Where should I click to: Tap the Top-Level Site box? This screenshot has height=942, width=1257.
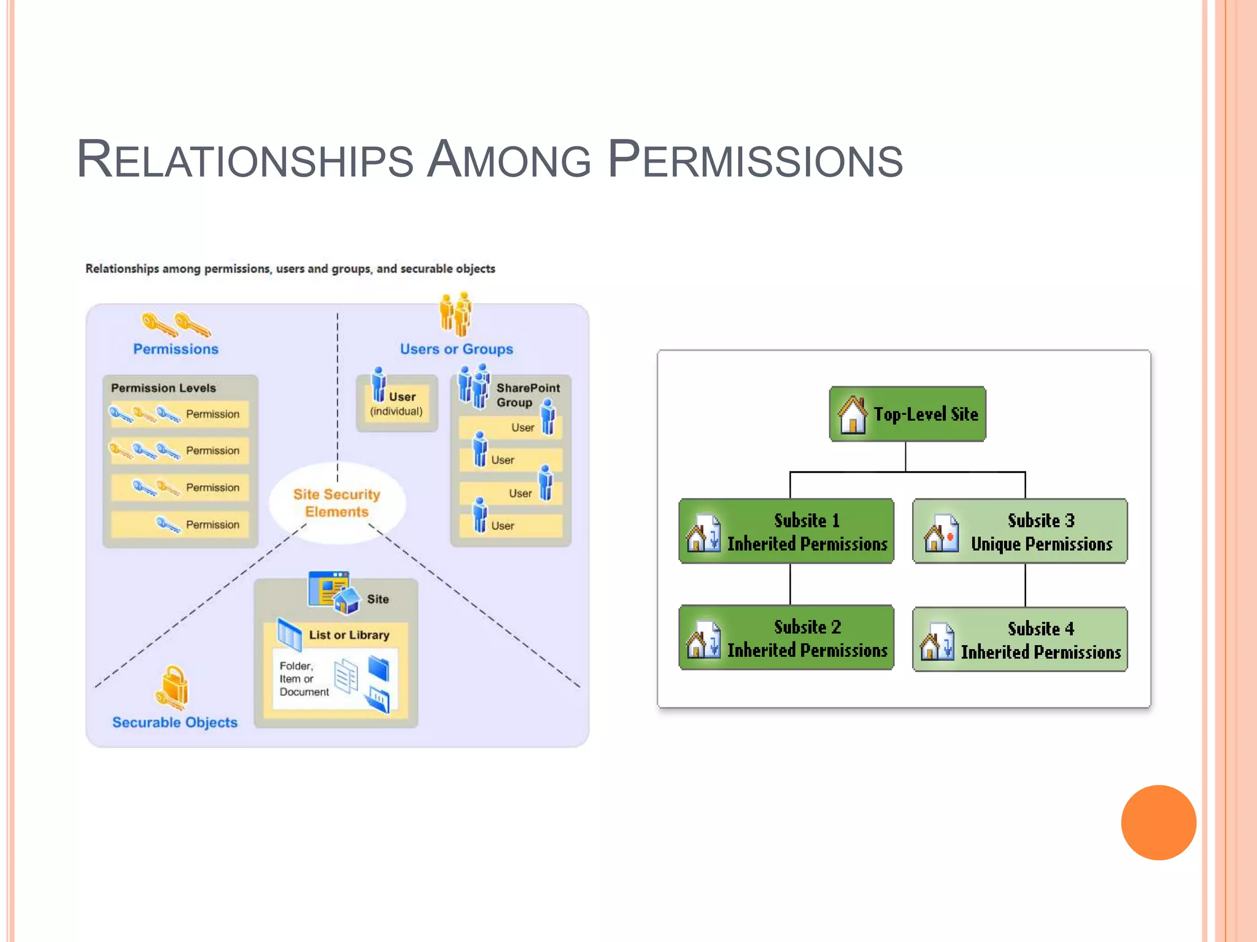[x=907, y=414]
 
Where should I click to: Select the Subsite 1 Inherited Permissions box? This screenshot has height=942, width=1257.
[x=786, y=531]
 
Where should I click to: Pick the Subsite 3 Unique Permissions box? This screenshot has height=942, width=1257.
[x=1019, y=531]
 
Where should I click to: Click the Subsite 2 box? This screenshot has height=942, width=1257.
[x=786, y=637]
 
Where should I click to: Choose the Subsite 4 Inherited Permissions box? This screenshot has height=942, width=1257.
[x=1019, y=639]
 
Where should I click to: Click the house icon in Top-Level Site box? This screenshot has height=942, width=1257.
[x=853, y=415]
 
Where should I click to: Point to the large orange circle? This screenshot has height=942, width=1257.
[x=1158, y=822]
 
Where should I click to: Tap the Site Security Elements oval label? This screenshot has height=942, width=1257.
[x=337, y=503]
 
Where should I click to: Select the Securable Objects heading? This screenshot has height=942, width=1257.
[x=175, y=722]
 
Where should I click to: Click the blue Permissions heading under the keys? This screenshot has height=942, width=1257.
[x=176, y=349]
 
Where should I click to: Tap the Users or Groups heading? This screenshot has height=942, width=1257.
[x=456, y=349]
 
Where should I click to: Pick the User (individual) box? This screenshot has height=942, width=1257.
[x=397, y=404]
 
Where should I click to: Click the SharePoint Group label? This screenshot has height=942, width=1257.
[x=527, y=395]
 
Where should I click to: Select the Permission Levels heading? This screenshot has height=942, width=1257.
[x=163, y=388]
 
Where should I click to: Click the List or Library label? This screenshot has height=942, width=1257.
[x=349, y=635]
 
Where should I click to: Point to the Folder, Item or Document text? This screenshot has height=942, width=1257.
[x=303, y=679]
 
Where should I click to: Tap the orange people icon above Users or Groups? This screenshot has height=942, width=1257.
[x=455, y=313]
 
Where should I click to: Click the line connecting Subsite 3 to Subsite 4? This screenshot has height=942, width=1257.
[x=1025, y=585]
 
